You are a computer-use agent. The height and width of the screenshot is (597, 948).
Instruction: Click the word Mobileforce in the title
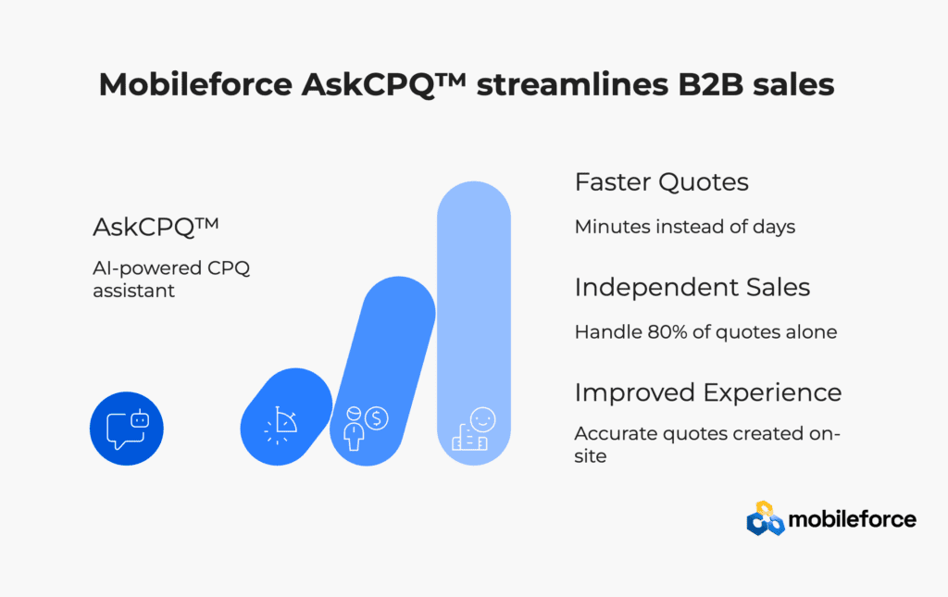click(196, 84)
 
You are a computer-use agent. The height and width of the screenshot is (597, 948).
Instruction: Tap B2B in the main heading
click(710, 84)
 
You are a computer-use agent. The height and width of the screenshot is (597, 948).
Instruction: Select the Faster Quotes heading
click(661, 182)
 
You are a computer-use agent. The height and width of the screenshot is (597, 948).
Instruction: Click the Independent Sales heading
click(692, 287)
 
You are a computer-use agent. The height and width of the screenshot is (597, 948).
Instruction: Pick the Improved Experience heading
click(708, 392)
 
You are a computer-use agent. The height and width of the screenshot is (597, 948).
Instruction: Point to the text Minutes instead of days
click(685, 227)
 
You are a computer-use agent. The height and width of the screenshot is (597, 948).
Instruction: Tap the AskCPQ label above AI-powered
click(156, 227)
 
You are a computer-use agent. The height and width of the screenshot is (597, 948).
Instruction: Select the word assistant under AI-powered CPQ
click(133, 291)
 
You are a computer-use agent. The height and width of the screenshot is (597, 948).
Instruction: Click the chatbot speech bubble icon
click(127, 429)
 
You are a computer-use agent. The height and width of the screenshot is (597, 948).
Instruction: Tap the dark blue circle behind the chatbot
click(126, 429)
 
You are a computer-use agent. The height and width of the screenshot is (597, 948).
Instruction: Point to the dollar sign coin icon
click(376, 417)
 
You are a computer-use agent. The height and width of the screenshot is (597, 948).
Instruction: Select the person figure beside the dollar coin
click(354, 429)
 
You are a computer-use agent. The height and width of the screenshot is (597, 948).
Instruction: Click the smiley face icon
click(482, 419)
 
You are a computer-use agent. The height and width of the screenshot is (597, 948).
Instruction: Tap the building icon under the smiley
click(468, 438)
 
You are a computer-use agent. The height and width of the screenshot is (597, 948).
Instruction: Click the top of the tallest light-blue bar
click(474, 182)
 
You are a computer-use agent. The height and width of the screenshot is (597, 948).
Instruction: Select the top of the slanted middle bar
click(399, 279)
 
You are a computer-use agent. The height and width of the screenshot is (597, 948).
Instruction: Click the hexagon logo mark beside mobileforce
click(766, 518)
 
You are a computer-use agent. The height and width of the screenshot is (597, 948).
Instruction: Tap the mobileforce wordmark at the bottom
click(853, 519)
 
